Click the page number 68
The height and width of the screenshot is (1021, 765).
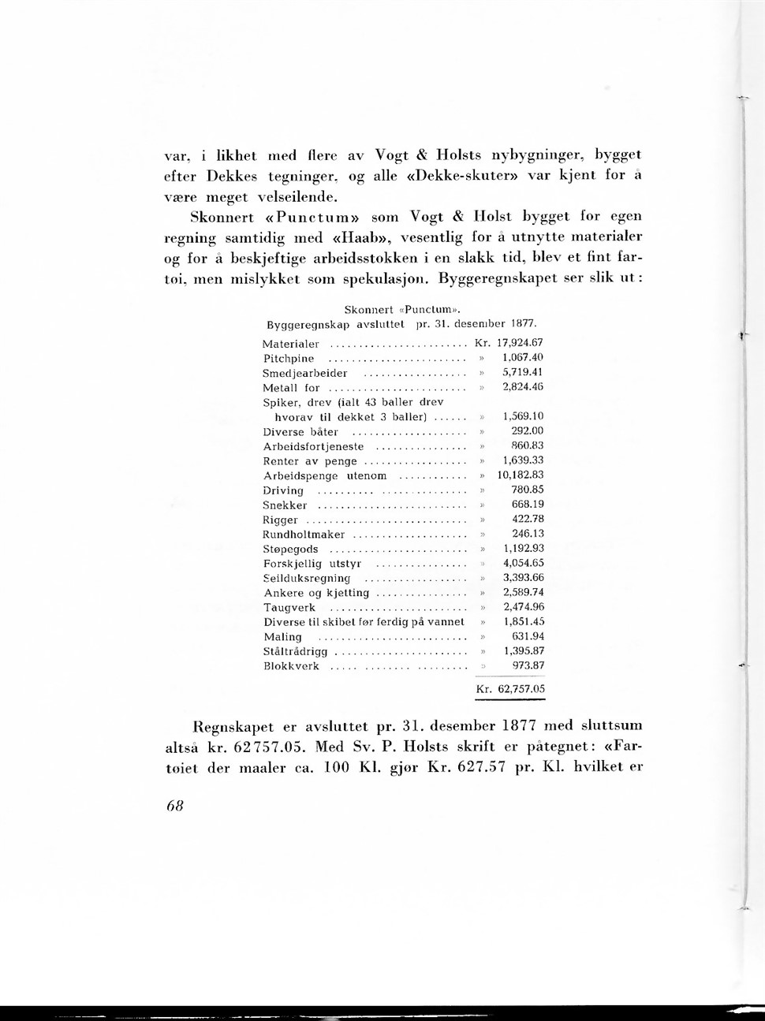point(174,807)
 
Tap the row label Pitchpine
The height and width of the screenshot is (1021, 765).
point(289,358)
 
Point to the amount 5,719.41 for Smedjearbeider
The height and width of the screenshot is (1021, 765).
point(523,372)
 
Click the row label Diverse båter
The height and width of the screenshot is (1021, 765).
point(300,431)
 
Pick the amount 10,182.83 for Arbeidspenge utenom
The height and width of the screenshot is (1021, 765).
point(521,475)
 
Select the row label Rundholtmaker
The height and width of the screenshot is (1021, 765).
point(304,535)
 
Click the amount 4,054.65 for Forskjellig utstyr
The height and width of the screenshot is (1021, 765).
point(523,564)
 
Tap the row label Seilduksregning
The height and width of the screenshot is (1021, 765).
point(307,579)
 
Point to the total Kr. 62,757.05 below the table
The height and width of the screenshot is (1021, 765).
point(510,689)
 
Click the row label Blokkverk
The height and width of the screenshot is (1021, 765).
point(291,666)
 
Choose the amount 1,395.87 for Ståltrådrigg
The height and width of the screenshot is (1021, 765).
point(524,651)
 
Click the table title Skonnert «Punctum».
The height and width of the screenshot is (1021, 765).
point(402,309)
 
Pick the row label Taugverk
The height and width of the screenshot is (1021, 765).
point(289,608)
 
